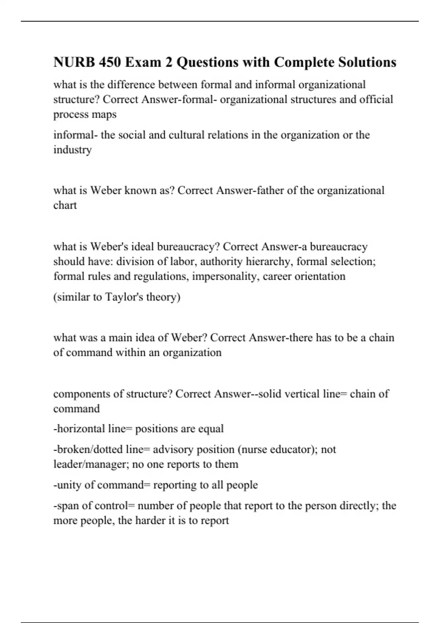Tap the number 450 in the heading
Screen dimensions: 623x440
coord(110,62)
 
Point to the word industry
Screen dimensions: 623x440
coord(72,150)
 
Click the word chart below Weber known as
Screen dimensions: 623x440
coord(65,205)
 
